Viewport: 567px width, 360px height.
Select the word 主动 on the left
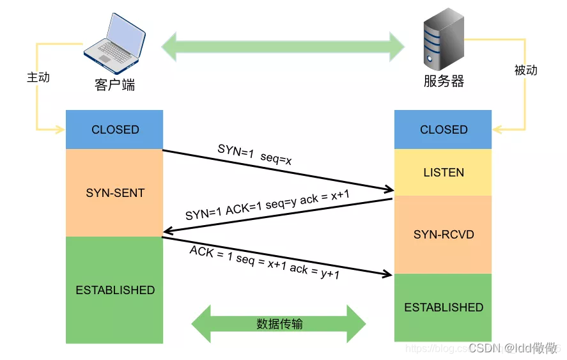click(x=38, y=77)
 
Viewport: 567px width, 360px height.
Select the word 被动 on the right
click(x=525, y=70)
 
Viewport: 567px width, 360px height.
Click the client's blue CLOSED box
click(x=115, y=129)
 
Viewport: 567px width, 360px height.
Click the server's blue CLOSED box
click(x=444, y=129)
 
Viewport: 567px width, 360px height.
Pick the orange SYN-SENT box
click(x=115, y=192)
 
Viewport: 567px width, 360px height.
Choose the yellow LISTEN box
click(x=444, y=173)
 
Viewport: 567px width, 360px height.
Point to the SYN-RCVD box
click(x=444, y=235)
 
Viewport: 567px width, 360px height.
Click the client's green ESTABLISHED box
click(x=115, y=290)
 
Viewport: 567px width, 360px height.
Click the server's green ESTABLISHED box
click(x=444, y=308)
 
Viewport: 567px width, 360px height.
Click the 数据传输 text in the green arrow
click(x=279, y=324)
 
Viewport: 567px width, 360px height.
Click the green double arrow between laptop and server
click(x=283, y=47)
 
